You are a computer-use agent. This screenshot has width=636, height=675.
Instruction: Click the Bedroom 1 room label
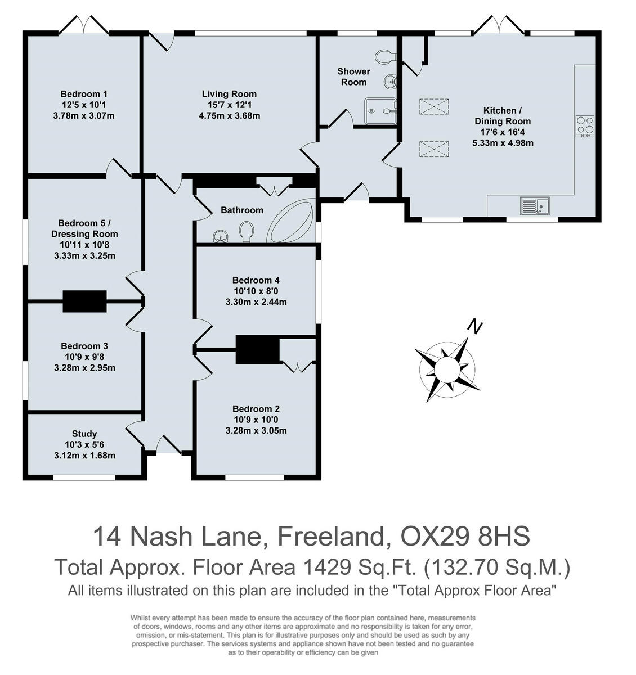point(84,94)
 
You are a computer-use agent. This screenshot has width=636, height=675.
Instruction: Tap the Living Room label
point(229,94)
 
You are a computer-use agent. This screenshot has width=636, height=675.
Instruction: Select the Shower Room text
point(353,76)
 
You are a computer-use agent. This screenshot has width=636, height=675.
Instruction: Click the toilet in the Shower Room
point(386,56)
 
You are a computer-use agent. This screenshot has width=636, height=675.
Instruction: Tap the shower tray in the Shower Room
point(380,111)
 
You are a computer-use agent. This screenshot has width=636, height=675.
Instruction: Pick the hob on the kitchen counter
point(584,126)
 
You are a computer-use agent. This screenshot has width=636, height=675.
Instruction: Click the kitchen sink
point(534,206)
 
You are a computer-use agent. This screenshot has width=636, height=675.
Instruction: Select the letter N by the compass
point(476,326)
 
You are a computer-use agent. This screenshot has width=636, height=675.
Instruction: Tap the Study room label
point(84,434)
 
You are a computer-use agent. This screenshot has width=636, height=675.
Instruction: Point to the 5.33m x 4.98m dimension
point(503,143)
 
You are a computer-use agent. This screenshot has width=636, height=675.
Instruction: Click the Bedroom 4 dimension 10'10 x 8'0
point(256,291)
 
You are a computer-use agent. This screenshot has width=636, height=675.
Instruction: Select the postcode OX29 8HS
point(465,537)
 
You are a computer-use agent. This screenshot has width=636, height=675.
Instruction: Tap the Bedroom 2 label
point(256,409)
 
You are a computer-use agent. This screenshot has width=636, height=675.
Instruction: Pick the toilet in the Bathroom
point(246,231)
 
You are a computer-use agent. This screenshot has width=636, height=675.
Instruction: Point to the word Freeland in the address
point(330,537)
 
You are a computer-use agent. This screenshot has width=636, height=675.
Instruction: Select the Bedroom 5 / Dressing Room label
point(84,228)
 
